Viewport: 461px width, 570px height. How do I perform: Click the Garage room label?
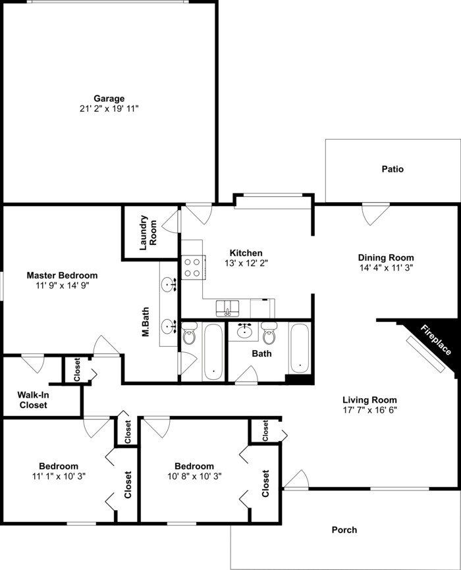click(x=109, y=99)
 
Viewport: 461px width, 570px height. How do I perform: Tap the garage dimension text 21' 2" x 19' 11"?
click(x=109, y=109)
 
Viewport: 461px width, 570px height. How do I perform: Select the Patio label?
click(x=393, y=169)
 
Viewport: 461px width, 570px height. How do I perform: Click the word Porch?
click(x=344, y=529)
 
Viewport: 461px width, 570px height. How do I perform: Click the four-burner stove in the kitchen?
click(x=193, y=267)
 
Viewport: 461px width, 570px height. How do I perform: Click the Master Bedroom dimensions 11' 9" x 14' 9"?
click(x=62, y=286)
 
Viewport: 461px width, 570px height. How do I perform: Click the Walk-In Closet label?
click(x=32, y=400)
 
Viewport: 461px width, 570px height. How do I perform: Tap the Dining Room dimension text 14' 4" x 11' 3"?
click(x=386, y=268)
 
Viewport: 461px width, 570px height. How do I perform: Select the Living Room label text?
click(x=369, y=400)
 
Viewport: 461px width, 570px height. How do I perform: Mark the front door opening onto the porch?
click(x=296, y=480)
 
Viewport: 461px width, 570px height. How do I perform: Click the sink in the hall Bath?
click(x=246, y=331)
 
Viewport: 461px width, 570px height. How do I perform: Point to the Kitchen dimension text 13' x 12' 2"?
click(x=246, y=263)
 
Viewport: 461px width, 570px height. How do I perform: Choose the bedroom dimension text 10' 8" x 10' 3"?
click(x=190, y=476)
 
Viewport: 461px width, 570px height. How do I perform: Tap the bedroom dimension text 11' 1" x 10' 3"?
click(x=58, y=476)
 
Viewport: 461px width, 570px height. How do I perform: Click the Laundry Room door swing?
click(x=172, y=220)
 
